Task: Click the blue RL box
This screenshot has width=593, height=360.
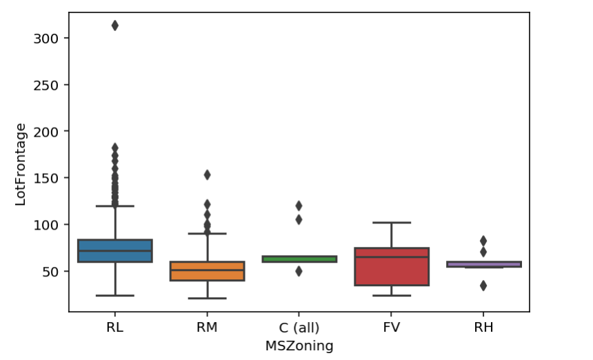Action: pyautogui.click(x=115, y=250)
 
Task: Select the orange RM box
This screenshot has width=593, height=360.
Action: pyautogui.click(x=207, y=271)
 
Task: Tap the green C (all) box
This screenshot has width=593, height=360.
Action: pyautogui.click(x=299, y=259)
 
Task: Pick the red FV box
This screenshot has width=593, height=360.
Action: pyautogui.click(x=392, y=266)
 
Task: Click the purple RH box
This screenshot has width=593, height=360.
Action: pyautogui.click(x=483, y=264)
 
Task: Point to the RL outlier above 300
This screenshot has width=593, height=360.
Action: pyautogui.click(x=115, y=26)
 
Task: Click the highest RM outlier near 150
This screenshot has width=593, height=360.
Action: pyautogui.click(x=207, y=174)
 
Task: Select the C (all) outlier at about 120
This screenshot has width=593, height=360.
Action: pyautogui.click(x=299, y=206)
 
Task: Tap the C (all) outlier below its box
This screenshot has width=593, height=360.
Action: pyautogui.click(x=299, y=271)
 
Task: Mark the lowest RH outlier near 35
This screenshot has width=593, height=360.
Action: pyautogui.click(x=483, y=286)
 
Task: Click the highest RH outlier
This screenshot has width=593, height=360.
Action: pyautogui.click(x=483, y=241)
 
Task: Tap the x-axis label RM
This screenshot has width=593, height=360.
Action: pyautogui.click(x=207, y=327)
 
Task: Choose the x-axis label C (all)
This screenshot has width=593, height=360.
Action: pyautogui.click(x=299, y=327)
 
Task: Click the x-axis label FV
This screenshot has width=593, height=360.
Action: pyautogui.click(x=392, y=327)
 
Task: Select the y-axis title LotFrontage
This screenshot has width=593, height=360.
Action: pyautogui.click(x=21, y=164)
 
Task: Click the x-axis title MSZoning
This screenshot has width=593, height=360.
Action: pyautogui.click(x=299, y=346)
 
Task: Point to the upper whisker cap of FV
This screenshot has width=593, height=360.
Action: pyautogui.click(x=392, y=223)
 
